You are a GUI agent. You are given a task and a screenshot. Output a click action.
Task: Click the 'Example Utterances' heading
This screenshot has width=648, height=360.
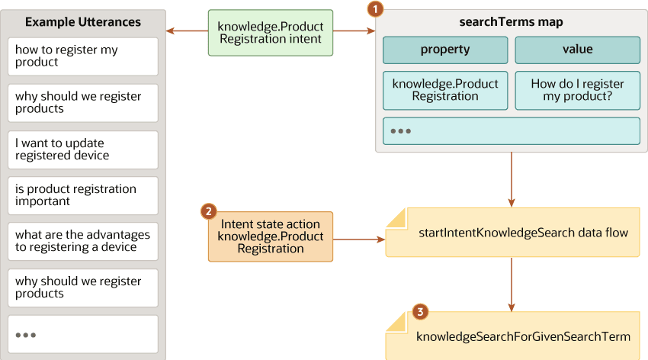click(x=83, y=21)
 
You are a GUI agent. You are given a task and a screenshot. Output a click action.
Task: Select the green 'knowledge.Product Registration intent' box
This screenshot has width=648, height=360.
click(x=271, y=33)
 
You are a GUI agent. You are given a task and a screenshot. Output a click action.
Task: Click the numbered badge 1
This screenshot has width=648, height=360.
click(x=375, y=9)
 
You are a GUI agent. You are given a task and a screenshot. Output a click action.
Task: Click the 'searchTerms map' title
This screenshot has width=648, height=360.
click(x=511, y=21)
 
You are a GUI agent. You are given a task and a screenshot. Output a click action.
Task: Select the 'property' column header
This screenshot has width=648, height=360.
click(x=445, y=50)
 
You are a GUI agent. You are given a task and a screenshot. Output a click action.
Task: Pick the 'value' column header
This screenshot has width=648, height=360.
click(x=577, y=50)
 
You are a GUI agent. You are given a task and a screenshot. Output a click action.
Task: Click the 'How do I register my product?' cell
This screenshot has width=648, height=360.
click(x=577, y=90)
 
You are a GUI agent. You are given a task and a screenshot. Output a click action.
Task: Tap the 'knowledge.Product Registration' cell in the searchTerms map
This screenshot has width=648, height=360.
click(x=445, y=90)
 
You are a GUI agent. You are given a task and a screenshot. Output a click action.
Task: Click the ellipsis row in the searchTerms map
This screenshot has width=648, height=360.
click(x=511, y=130)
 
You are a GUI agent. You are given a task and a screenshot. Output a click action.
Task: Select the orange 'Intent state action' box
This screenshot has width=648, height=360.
click(x=271, y=236)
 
